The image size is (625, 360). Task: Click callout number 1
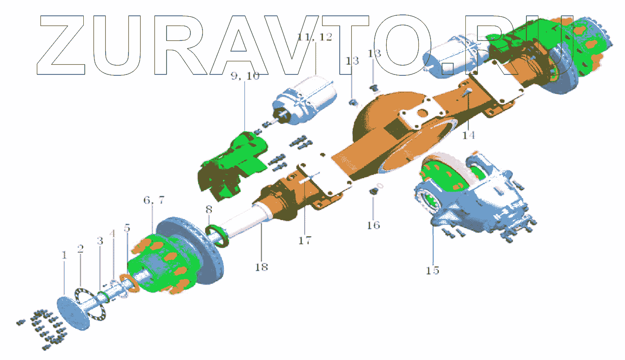[64, 255]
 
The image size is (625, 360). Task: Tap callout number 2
[81, 249]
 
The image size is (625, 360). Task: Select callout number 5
[127, 228]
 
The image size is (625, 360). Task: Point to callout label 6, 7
[154, 200]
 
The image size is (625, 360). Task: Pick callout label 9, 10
[245, 76]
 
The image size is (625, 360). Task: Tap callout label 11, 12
[315, 37]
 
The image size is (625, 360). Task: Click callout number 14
[468, 135]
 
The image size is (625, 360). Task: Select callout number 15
[432, 270]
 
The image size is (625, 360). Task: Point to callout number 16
[373, 225]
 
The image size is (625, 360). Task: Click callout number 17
[305, 240]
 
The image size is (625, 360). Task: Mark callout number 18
[262, 267]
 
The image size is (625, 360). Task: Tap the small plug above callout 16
[373, 191]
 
